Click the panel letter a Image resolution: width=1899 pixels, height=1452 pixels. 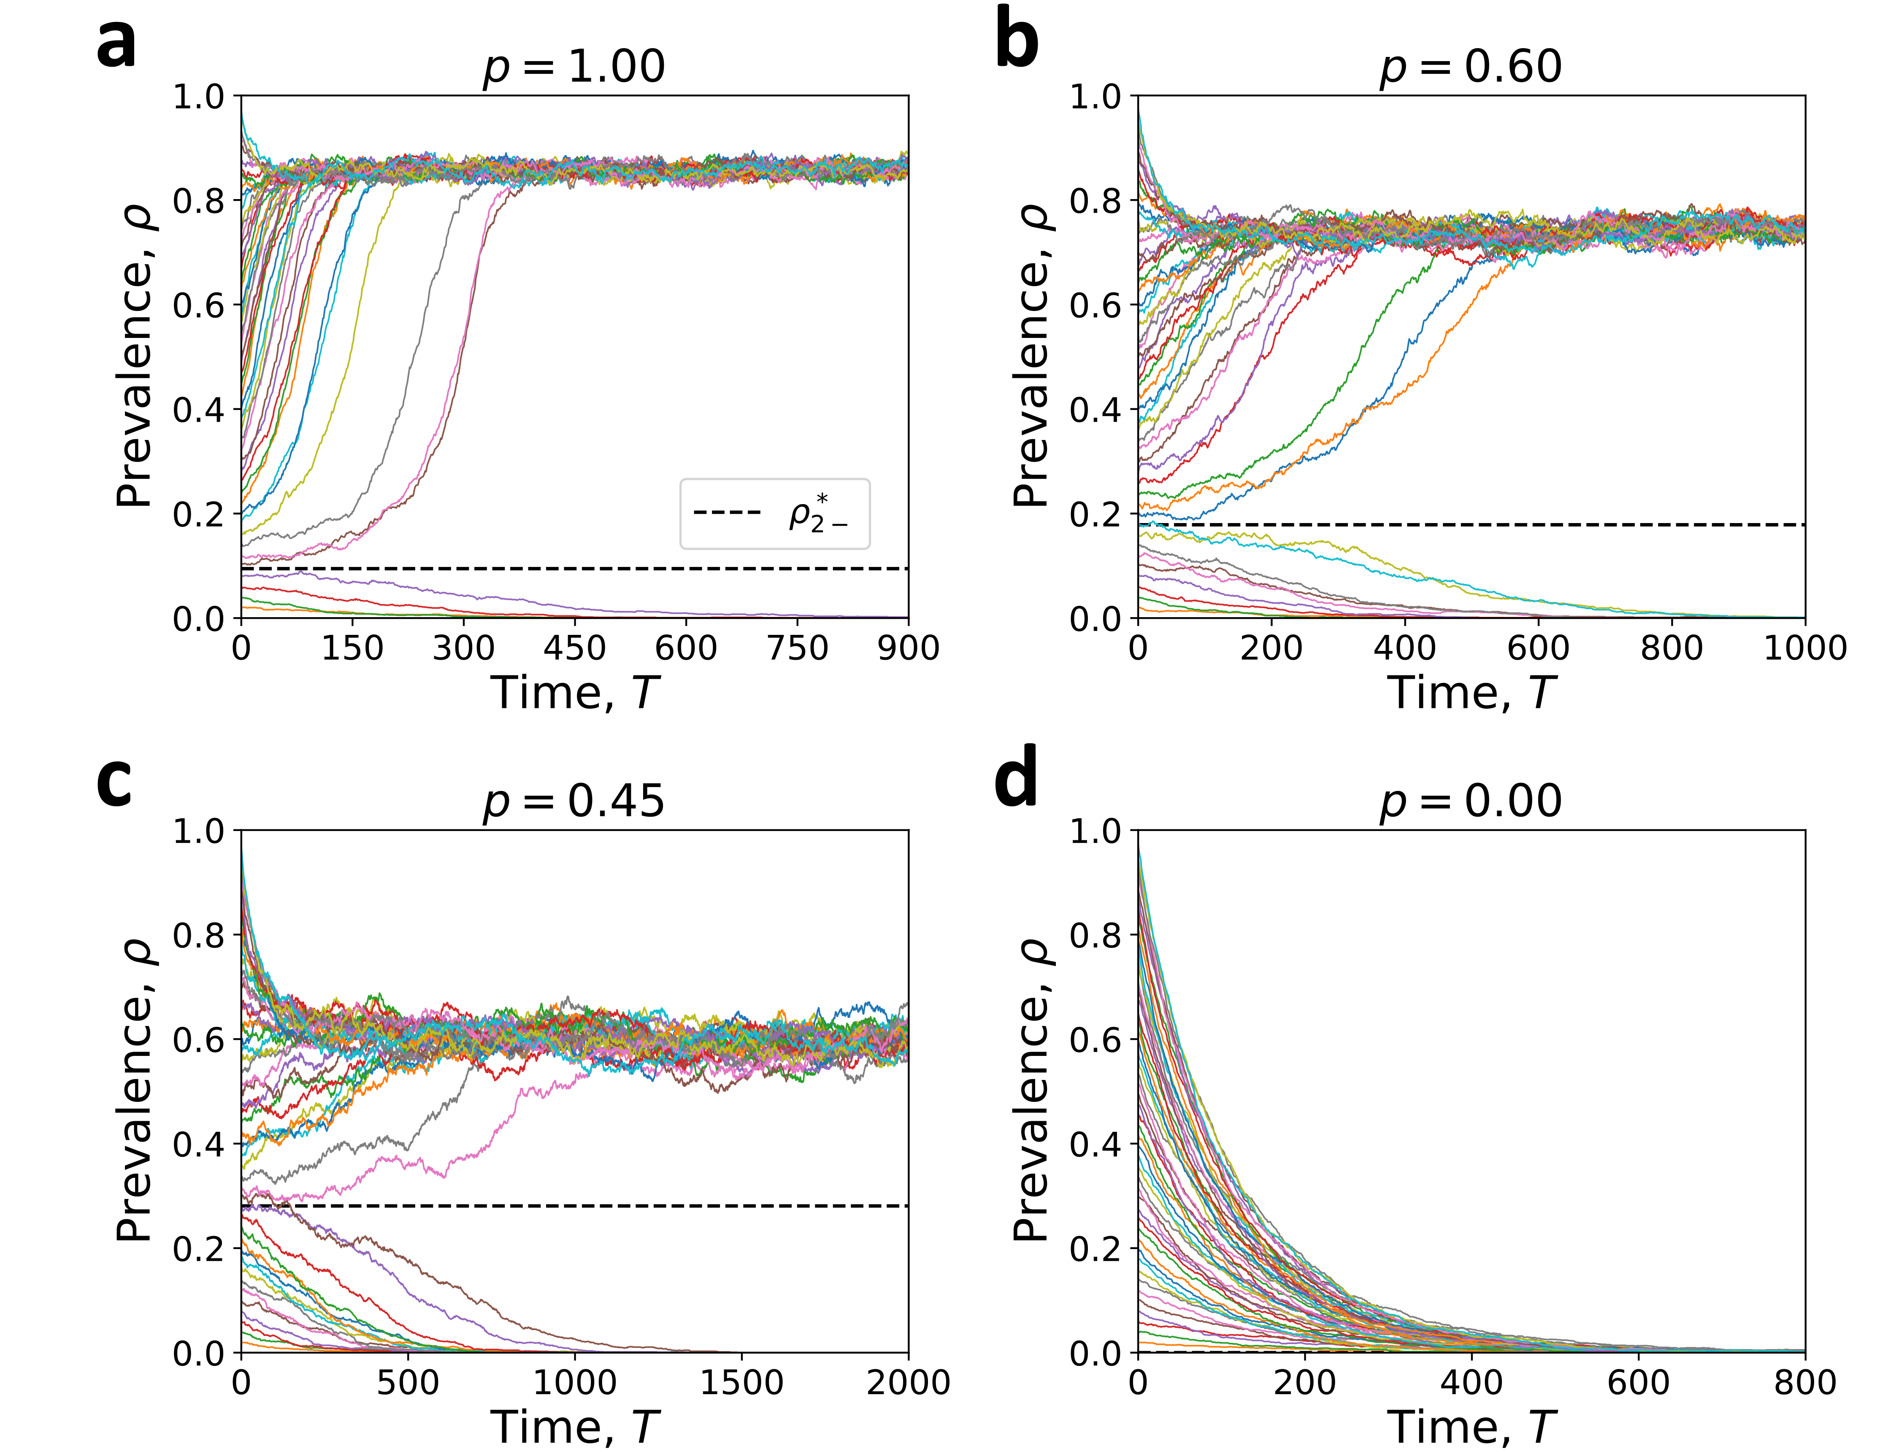click(x=117, y=43)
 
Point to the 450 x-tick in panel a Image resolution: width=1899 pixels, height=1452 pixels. click(x=575, y=648)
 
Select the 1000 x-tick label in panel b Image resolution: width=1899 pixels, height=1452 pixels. click(x=1805, y=648)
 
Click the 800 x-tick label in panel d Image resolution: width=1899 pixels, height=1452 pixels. click(x=1805, y=1383)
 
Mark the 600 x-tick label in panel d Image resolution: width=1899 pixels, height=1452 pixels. click(x=1638, y=1383)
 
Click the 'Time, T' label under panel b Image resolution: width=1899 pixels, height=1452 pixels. click(x=1471, y=693)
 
